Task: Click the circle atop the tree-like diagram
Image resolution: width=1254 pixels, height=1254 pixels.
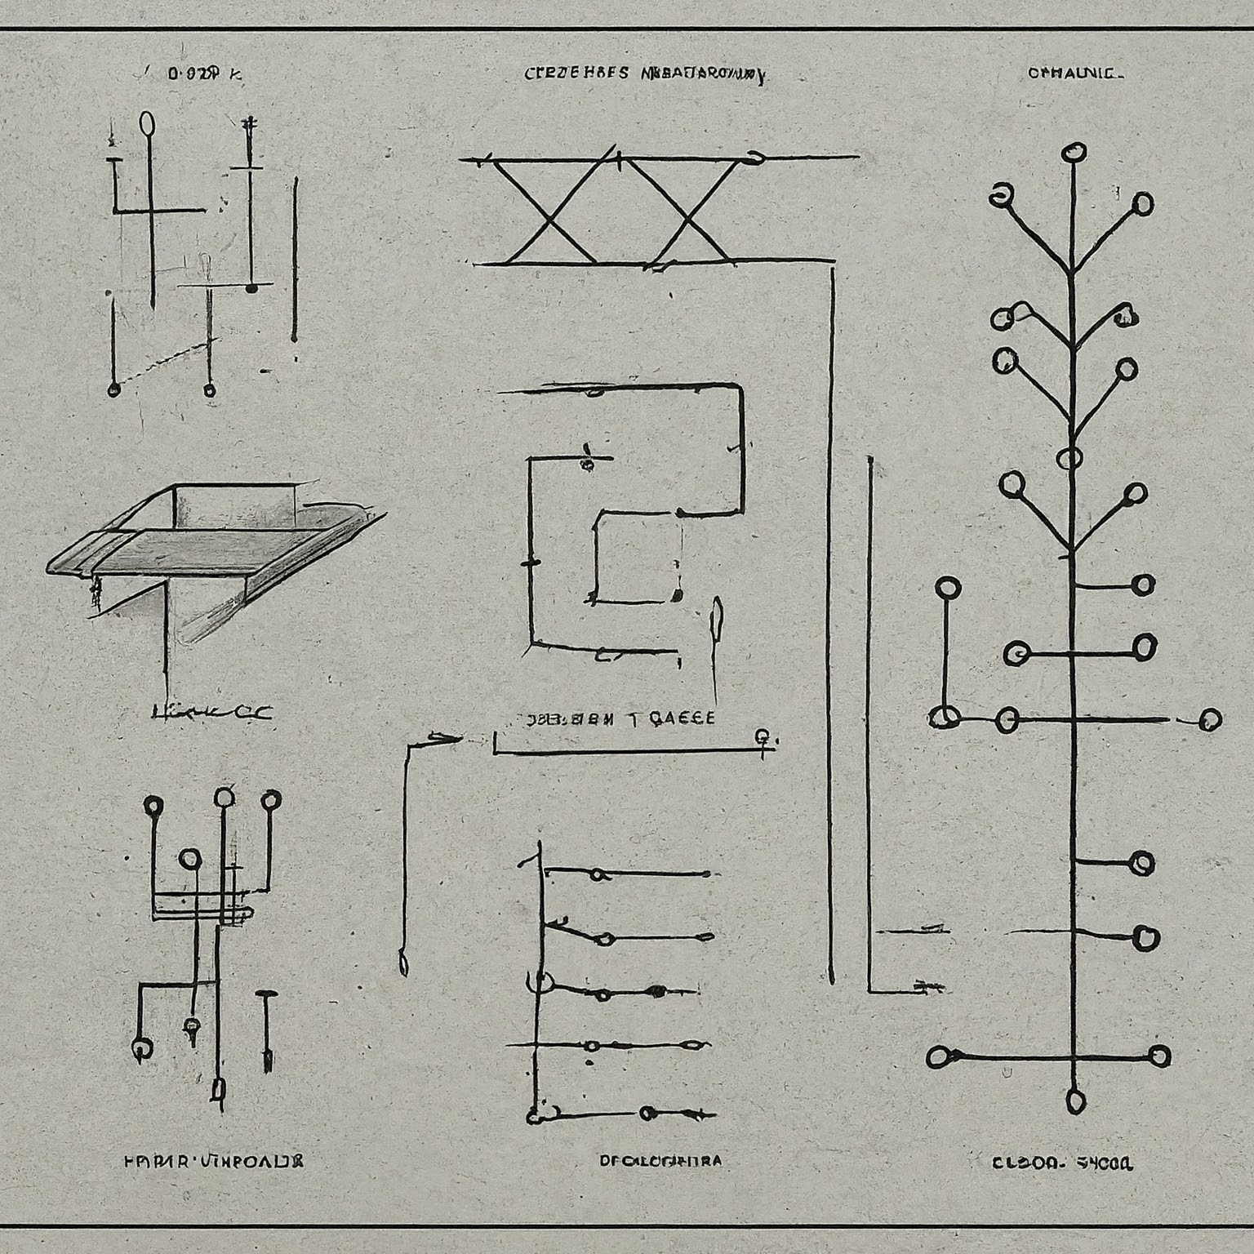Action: pyautogui.click(x=1074, y=152)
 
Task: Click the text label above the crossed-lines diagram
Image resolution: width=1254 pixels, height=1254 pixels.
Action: pyautogui.click(x=644, y=74)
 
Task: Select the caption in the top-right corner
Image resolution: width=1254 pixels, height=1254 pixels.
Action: pyautogui.click(x=1075, y=73)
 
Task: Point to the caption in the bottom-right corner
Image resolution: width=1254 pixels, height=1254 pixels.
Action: pyautogui.click(x=1062, y=1162)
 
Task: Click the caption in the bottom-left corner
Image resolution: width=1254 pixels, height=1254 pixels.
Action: pyautogui.click(x=213, y=1160)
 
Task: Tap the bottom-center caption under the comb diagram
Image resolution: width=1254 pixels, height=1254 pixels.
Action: pyautogui.click(x=660, y=1160)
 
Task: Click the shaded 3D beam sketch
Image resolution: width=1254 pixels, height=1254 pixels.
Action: pyautogui.click(x=212, y=539)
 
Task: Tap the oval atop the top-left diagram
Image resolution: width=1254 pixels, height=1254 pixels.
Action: pyautogui.click(x=148, y=122)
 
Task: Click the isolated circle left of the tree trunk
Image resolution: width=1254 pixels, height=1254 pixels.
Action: pyautogui.click(x=948, y=588)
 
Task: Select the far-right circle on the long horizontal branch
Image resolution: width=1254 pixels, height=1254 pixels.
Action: pyautogui.click(x=1210, y=719)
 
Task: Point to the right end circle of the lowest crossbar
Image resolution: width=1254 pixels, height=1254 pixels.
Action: pyautogui.click(x=1159, y=1056)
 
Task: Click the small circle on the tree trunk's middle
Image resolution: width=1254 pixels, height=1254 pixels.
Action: pyautogui.click(x=1069, y=459)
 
